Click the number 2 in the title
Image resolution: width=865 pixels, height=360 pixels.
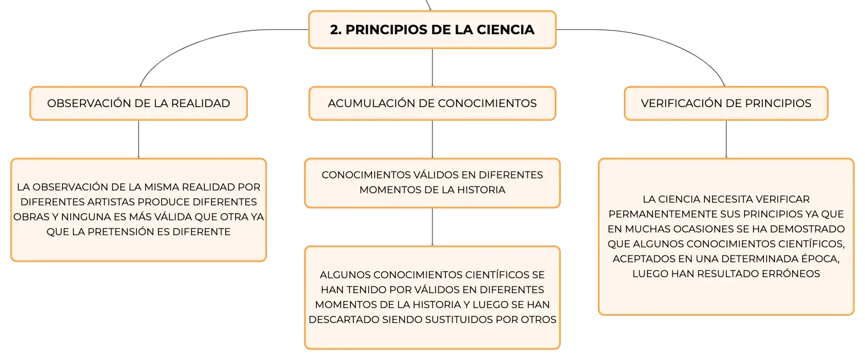pos(335,30)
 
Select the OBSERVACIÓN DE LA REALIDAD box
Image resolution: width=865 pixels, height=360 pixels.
pos(139,103)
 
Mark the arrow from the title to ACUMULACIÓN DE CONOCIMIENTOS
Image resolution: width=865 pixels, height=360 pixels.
pos(432,67)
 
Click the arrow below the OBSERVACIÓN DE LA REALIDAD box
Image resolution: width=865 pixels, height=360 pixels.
pos(139,139)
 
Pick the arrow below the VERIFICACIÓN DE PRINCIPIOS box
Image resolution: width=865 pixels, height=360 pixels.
pos(726,139)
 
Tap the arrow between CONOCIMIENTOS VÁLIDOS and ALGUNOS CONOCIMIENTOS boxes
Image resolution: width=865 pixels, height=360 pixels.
pos(432,227)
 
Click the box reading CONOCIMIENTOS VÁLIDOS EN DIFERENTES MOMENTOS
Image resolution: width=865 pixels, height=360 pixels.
pos(432,183)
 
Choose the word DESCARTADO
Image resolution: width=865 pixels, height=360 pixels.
pos(344,320)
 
